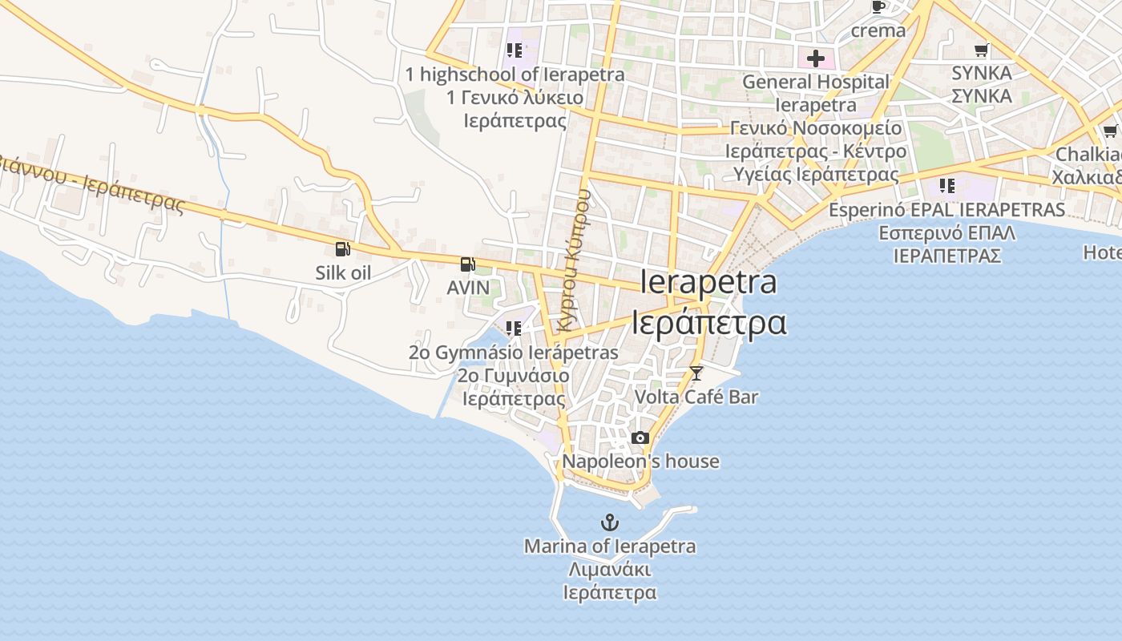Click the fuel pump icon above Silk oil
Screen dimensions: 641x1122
[343, 249]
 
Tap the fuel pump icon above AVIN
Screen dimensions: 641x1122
[467, 264]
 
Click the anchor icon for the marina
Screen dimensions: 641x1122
[610, 523]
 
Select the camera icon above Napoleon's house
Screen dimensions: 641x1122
[640, 437]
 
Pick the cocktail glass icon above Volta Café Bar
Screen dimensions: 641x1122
[696, 373]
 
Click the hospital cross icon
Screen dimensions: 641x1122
[816, 58]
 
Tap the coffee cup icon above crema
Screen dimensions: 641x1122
[878, 7]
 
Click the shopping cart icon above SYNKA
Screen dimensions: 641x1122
[982, 50]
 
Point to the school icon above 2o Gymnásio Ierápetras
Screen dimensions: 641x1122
[514, 328]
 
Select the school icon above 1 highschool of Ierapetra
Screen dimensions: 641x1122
[515, 50]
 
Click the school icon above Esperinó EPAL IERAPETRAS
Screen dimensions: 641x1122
[947, 186]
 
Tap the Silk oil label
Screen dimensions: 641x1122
[343, 272]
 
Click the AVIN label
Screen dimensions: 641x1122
[468, 287]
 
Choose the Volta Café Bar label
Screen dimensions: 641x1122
[696, 397]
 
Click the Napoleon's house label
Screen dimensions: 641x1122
[640, 462]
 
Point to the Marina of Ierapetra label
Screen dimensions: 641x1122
[610, 546]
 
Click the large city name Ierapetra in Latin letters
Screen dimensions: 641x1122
[708, 282]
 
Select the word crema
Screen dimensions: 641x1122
[878, 31]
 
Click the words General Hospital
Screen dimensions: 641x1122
[816, 82]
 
